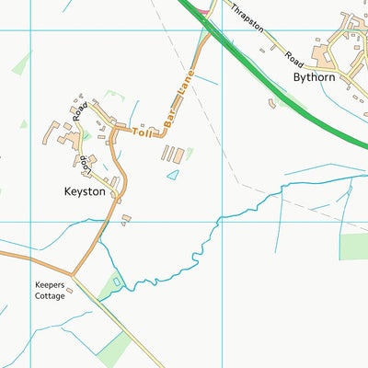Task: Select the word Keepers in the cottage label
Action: click(x=51, y=286)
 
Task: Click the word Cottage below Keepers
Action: click(x=51, y=297)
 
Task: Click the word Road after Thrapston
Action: click(x=293, y=57)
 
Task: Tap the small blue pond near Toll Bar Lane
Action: click(x=173, y=174)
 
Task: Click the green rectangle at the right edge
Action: click(x=353, y=247)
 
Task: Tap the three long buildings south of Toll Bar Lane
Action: click(x=172, y=154)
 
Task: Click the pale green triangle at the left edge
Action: click(x=21, y=64)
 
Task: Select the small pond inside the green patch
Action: click(x=116, y=280)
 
